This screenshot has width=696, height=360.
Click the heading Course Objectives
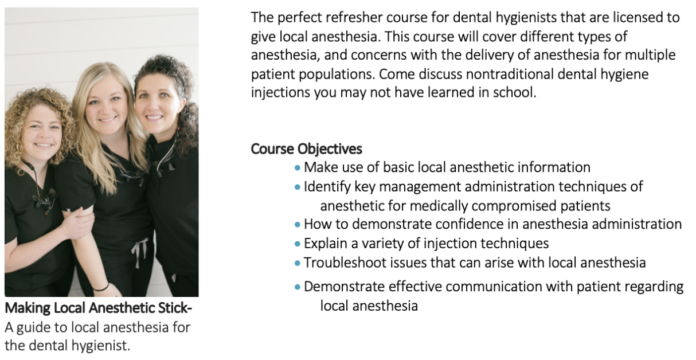point(306,149)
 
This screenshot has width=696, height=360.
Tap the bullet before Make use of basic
point(298,168)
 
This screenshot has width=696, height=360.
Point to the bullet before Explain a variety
point(298,244)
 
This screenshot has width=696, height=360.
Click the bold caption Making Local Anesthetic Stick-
point(99,308)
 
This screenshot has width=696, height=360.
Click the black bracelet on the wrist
point(101,288)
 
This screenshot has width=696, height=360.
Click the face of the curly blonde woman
point(42,134)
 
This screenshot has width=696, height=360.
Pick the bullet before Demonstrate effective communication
point(298,287)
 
